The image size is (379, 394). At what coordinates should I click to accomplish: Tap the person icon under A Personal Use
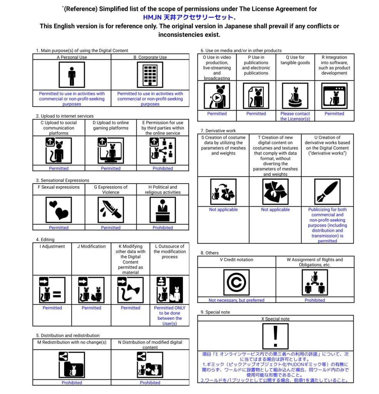(72, 75)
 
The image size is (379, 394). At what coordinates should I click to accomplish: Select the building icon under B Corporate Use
(150, 75)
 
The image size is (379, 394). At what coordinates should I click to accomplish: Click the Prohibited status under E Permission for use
(163, 169)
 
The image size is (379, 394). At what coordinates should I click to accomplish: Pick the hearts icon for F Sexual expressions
(58, 210)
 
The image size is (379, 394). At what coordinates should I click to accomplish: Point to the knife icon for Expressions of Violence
(110, 210)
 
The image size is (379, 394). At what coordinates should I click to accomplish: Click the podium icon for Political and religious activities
(162, 210)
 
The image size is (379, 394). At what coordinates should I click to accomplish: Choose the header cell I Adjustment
(52, 247)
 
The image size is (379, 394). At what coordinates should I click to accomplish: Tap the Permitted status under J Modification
(91, 308)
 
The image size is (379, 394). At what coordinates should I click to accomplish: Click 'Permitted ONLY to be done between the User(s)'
(169, 316)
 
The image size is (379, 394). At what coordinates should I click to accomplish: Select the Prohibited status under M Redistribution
(72, 383)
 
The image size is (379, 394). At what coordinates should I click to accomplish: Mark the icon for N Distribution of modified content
(150, 365)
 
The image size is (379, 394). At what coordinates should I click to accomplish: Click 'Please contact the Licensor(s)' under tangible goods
(295, 116)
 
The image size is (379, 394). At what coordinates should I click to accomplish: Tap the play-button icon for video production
(217, 96)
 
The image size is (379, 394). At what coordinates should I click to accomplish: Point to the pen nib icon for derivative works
(327, 192)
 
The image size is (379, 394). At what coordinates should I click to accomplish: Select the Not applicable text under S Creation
(223, 210)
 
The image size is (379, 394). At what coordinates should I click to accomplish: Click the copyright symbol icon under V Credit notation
(236, 282)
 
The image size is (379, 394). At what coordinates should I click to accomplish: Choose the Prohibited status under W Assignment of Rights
(315, 301)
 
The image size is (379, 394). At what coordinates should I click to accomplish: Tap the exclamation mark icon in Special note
(275, 336)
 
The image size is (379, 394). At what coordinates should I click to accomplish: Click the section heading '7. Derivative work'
(218, 131)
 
